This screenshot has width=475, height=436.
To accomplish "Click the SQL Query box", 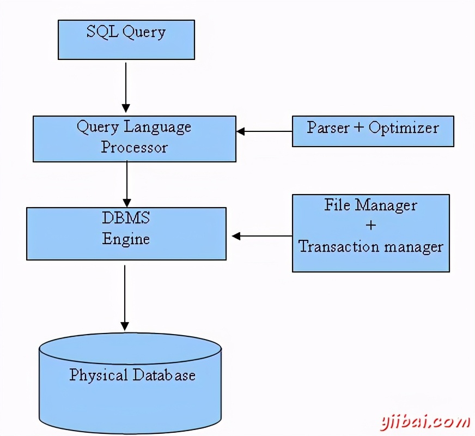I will pyautogui.click(x=126, y=40).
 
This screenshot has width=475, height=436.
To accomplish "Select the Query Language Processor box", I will pyautogui.click(x=134, y=138).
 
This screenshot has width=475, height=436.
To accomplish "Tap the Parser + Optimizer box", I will pyautogui.click(x=373, y=131).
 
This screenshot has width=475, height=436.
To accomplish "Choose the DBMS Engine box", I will pyautogui.click(x=126, y=233).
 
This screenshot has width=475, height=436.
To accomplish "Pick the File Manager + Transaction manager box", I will pyautogui.click(x=370, y=233).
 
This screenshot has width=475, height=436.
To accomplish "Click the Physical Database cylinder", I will pyautogui.click(x=130, y=381).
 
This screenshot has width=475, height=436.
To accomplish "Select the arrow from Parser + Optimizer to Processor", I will pyautogui.click(x=264, y=131).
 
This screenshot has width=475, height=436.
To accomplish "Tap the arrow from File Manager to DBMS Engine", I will pyautogui.click(x=262, y=236).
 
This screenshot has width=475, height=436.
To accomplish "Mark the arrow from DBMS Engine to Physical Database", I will pyautogui.click(x=125, y=297).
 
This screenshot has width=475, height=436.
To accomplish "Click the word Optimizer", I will pyautogui.click(x=404, y=128).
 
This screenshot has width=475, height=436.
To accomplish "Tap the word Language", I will pyautogui.click(x=158, y=128).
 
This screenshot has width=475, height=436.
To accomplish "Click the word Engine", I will pyautogui.click(x=126, y=239).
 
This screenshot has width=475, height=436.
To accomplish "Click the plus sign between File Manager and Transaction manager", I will pyautogui.click(x=371, y=225).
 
